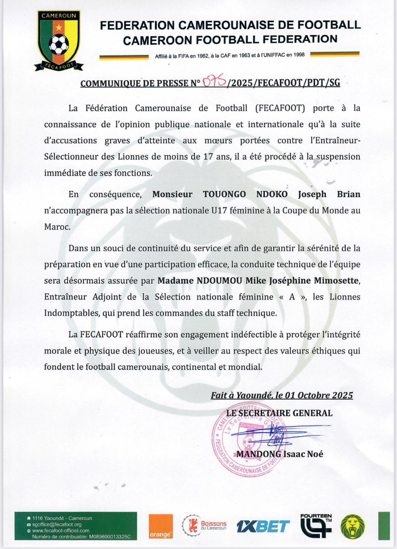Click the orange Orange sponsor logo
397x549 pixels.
[x=161, y=526]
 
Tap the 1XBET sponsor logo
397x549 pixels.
[x=263, y=526]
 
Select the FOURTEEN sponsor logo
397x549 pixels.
[x=316, y=526]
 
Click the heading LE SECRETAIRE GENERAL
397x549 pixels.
[x=280, y=413]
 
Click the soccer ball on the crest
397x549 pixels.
[x=59, y=44]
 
